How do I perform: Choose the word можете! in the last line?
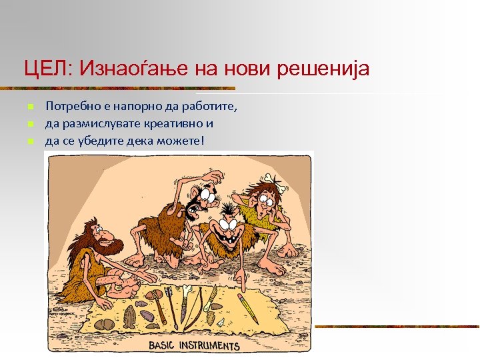[181, 141]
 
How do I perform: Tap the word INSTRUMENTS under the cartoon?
[213, 345]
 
